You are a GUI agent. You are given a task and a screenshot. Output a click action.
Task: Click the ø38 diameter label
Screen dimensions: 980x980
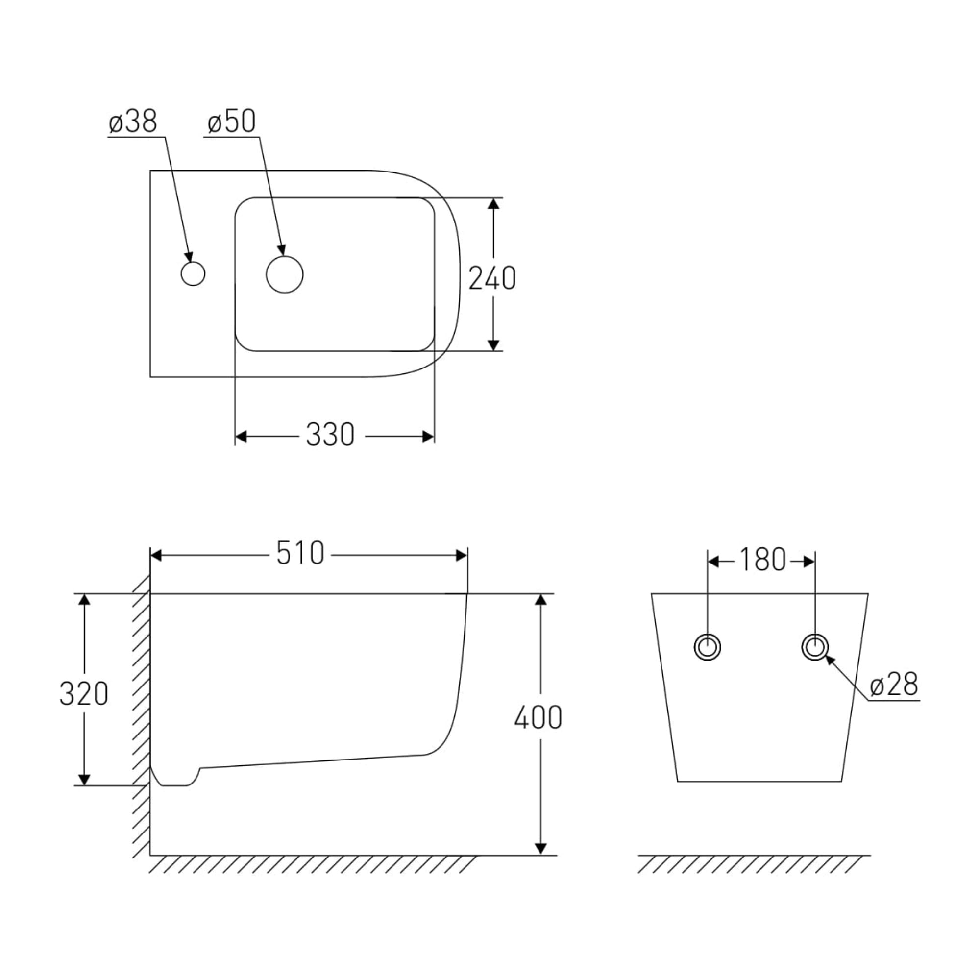pyautogui.click(x=133, y=122)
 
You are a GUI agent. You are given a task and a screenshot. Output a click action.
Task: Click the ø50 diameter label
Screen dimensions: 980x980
pyautogui.click(x=232, y=122)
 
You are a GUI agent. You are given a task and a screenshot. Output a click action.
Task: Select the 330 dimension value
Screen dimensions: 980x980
pyautogui.click(x=330, y=435)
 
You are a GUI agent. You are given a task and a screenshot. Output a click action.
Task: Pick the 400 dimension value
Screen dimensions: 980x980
pyautogui.click(x=538, y=717)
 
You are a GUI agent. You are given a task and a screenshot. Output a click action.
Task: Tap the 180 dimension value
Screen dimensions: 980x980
pyautogui.click(x=762, y=560)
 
